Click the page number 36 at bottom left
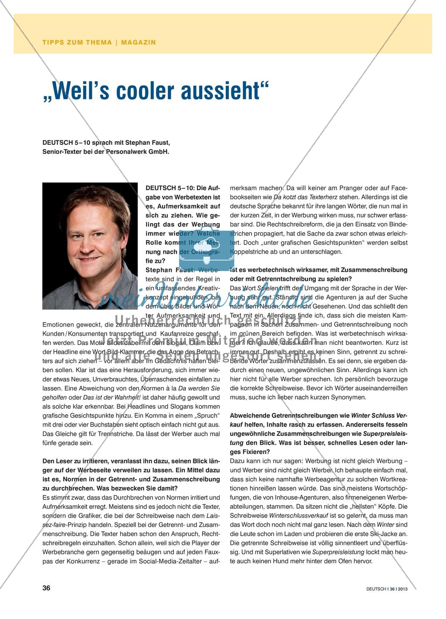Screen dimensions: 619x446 pyautogui.click(x=46, y=588)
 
